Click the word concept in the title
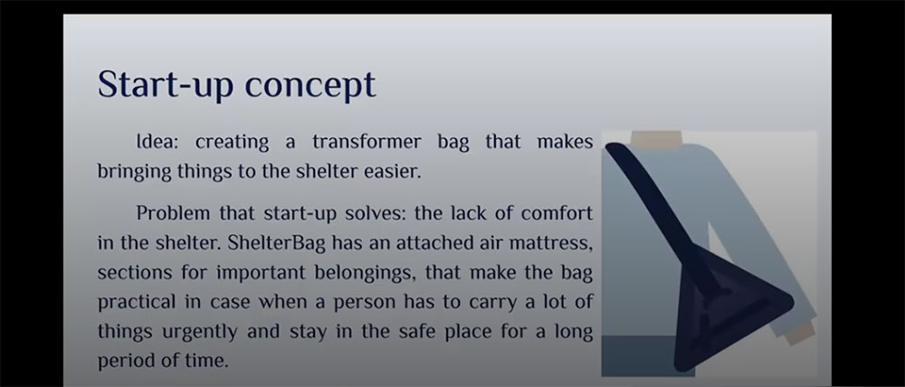click(310, 85)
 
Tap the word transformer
click(367, 142)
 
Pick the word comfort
click(557, 213)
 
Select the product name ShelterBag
click(276, 243)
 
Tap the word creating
click(232, 142)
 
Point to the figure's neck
click(656, 139)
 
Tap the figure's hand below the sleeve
click(800, 332)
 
